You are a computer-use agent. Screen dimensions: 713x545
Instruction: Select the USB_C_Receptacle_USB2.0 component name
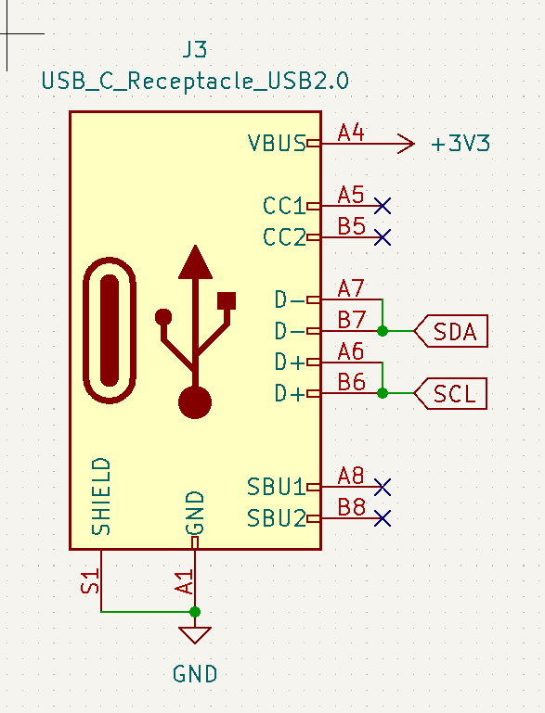(195, 81)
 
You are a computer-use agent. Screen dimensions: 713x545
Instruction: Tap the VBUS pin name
(276, 144)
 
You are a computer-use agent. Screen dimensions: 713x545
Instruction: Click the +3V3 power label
(461, 144)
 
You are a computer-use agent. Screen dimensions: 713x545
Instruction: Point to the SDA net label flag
(451, 331)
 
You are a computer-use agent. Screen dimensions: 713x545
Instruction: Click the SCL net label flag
(451, 394)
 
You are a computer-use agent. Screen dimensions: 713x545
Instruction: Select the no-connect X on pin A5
(383, 205)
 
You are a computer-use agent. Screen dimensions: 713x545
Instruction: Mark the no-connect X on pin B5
(383, 236)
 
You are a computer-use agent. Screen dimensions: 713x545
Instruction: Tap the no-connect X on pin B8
(383, 518)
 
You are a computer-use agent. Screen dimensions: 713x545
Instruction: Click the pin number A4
(351, 134)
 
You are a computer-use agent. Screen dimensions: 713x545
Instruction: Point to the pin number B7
(351, 320)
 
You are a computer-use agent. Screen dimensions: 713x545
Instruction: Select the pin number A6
(351, 351)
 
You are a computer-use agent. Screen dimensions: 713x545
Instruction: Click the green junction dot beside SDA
(383, 331)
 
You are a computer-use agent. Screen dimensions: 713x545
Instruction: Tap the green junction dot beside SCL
(383, 394)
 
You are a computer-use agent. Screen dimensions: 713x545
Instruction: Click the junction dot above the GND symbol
(195, 612)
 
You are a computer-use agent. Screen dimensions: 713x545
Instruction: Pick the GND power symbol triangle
(195, 636)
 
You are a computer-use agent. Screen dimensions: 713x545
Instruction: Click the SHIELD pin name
(101, 496)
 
